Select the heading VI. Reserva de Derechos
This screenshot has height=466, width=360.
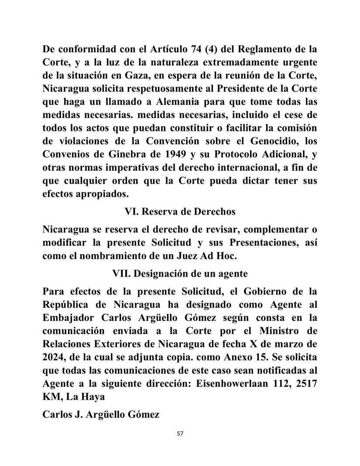pos(180,212)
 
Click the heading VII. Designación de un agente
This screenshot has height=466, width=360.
pos(180,274)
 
